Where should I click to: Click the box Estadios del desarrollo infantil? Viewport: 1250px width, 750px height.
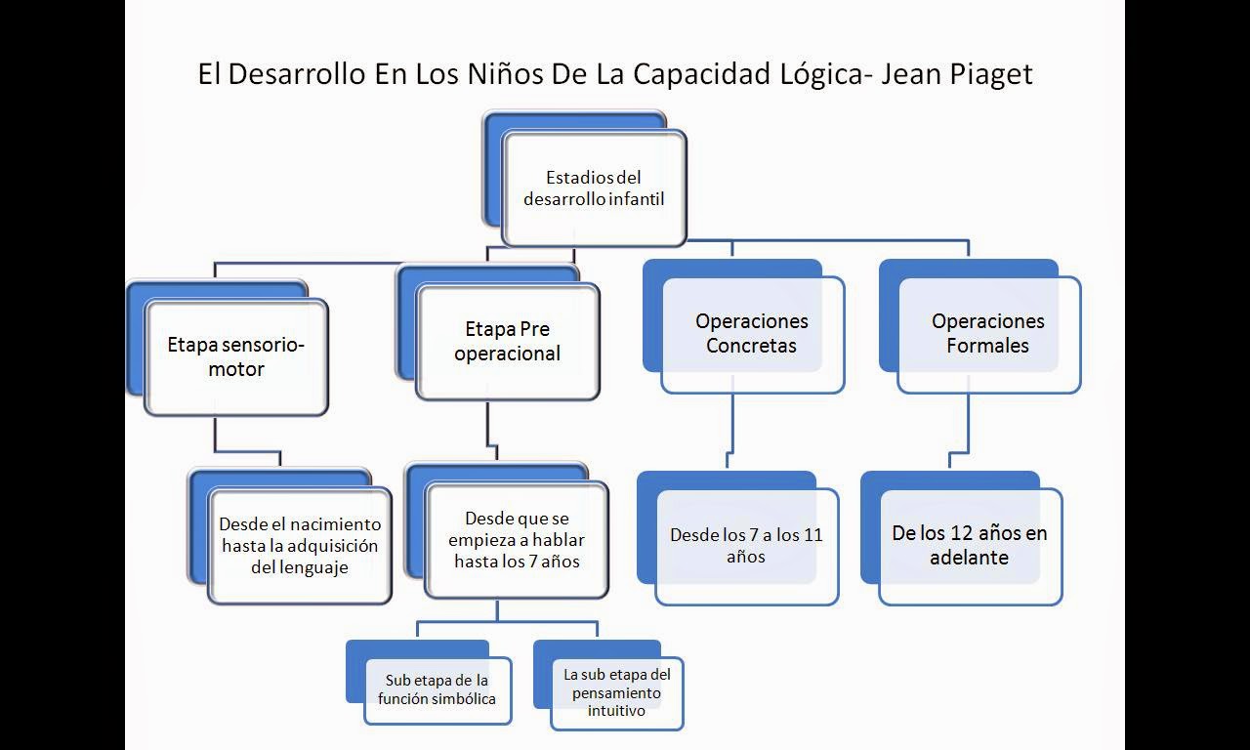(x=594, y=187)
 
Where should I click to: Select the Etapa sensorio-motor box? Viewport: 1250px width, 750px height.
(x=236, y=356)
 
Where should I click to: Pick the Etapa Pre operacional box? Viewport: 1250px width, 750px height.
(x=507, y=341)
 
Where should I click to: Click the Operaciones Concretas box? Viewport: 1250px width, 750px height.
(x=752, y=334)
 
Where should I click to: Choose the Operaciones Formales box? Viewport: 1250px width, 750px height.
(x=988, y=334)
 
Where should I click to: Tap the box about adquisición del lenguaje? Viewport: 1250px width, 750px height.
(x=299, y=546)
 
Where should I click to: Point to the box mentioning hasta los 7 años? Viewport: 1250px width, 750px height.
(x=517, y=539)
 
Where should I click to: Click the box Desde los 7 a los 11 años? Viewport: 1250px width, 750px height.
(x=746, y=546)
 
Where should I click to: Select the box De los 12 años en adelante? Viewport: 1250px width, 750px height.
(x=970, y=546)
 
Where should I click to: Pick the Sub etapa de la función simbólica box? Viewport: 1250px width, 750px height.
(x=437, y=689)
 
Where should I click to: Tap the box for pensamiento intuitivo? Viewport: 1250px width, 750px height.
(x=616, y=692)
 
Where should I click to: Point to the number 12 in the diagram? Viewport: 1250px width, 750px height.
(x=963, y=533)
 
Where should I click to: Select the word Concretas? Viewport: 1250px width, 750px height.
(x=752, y=346)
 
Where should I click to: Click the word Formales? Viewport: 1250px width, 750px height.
(x=987, y=346)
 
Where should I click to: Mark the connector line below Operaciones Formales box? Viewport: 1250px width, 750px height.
(x=969, y=425)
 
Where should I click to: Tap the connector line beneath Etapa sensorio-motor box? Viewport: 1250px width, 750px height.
(x=215, y=435)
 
